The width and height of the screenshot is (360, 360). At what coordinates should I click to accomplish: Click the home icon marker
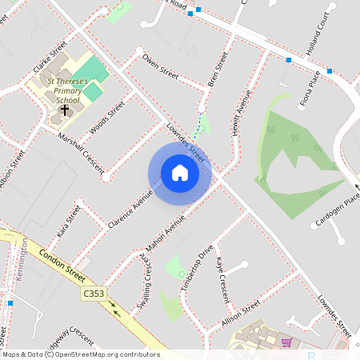pyautogui.click(x=179, y=173)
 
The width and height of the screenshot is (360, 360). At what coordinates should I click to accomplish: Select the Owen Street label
pyautogui.click(x=159, y=66)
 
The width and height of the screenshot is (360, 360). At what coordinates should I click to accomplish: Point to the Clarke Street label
pyautogui.click(x=48, y=58)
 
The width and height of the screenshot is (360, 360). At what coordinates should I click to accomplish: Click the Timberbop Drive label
pyautogui.click(x=197, y=269)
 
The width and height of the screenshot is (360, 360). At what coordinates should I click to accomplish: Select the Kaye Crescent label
pyautogui.click(x=223, y=274)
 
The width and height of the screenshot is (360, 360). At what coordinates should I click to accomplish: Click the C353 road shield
pyautogui.click(x=94, y=294)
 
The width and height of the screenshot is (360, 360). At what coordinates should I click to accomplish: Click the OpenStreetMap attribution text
pyautogui.click(x=81, y=354)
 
